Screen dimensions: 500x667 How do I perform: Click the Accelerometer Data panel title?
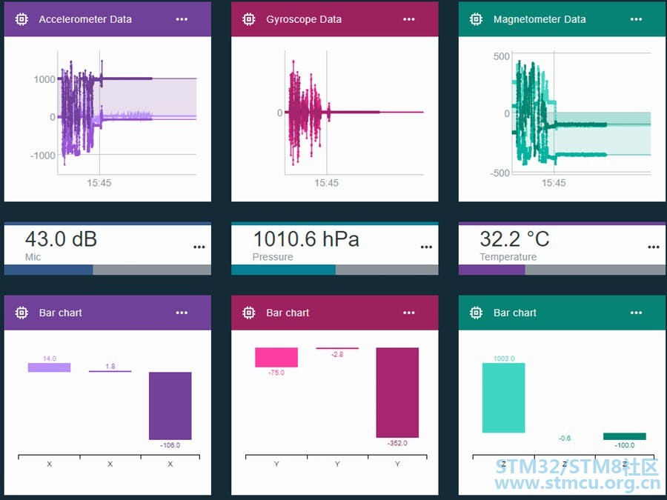point(84,19)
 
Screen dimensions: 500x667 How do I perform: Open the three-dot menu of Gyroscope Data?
point(409,19)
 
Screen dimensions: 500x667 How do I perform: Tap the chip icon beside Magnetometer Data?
point(477,19)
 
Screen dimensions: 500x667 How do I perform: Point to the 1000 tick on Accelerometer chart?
point(44,79)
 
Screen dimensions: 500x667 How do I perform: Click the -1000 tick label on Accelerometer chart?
point(42,156)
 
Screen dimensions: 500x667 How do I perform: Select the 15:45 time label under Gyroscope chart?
point(326,183)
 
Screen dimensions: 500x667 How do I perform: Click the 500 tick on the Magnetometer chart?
point(501,56)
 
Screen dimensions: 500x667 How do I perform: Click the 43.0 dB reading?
point(61,239)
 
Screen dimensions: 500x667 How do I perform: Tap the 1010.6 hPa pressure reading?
point(306,239)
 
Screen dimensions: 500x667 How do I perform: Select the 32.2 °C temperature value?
point(514,239)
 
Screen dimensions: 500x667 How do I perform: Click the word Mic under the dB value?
point(33,257)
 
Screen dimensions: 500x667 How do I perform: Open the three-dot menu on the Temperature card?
point(653,247)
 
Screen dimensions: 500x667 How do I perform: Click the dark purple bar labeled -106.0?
point(170,405)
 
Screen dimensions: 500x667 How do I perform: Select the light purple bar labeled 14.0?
point(49,367)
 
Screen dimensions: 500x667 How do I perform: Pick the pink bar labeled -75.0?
point(276,357)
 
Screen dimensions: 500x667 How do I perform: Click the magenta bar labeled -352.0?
point(397,392)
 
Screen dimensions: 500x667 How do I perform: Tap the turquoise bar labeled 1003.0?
point(503,398)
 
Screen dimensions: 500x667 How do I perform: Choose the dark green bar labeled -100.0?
point(624,436)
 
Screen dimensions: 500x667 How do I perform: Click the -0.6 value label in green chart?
point(565,439)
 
